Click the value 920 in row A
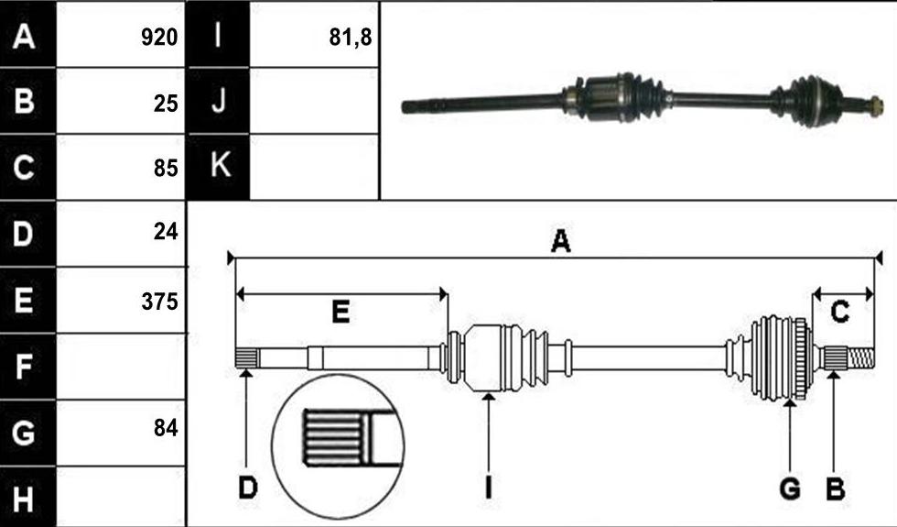[159, 38]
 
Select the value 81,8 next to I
[351, 38]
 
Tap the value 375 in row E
[159, 302]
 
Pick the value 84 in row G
[166, 428]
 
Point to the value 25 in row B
[166, 103]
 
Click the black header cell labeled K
[219, 167]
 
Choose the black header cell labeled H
[27, 497]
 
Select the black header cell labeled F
[27, 367]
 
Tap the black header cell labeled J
[219, 101]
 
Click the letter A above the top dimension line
[560, 241]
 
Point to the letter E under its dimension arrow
[340, 313]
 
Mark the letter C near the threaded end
[840, 313]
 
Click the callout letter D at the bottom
[248, 489]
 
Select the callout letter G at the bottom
[790, 489]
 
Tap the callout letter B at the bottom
[835, 489]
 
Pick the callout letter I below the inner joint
[488, 489]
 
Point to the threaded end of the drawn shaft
[860, 358]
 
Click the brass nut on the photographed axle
[875, 106]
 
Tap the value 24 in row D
[166, 231]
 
